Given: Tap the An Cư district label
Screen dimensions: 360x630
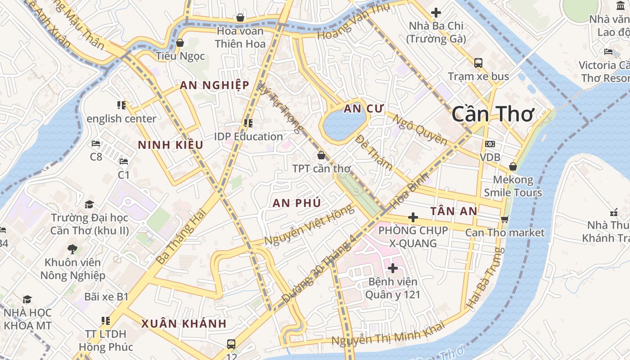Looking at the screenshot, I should click(x=363, y=108).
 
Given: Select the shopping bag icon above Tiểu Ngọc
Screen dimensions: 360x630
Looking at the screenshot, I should click(x=180, y=43).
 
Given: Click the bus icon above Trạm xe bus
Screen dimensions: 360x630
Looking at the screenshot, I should click(x=478, y=63).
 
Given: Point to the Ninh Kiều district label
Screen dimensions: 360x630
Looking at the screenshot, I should click(x=171, y=145).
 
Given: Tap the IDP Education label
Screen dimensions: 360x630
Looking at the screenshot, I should click(x=248, y=136).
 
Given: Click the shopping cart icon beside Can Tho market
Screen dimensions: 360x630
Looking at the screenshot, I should click(x=504, y=219).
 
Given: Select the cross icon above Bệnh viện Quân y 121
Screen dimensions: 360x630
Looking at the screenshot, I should click(x=392, y=269).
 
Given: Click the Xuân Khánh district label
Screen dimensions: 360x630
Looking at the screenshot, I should click(x=184, y=324).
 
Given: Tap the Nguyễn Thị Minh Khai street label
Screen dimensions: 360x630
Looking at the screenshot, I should click(x=388, y=333).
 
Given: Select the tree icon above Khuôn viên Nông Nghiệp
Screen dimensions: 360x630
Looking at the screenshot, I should click(x=72, y=249).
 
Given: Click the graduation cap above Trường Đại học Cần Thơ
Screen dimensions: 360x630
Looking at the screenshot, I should click(x=89, y=205).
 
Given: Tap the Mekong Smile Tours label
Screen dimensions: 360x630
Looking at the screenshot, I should click(x=513, y=186).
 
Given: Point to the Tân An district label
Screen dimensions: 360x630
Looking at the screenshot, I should click(x=453, y=211).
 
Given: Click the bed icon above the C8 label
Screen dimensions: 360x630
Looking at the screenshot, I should click(x=95, y=144).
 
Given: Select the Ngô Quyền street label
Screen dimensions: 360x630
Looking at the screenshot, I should click(x=420, y=130).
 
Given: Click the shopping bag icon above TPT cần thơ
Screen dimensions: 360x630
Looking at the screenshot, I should click(x=321, y=156).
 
